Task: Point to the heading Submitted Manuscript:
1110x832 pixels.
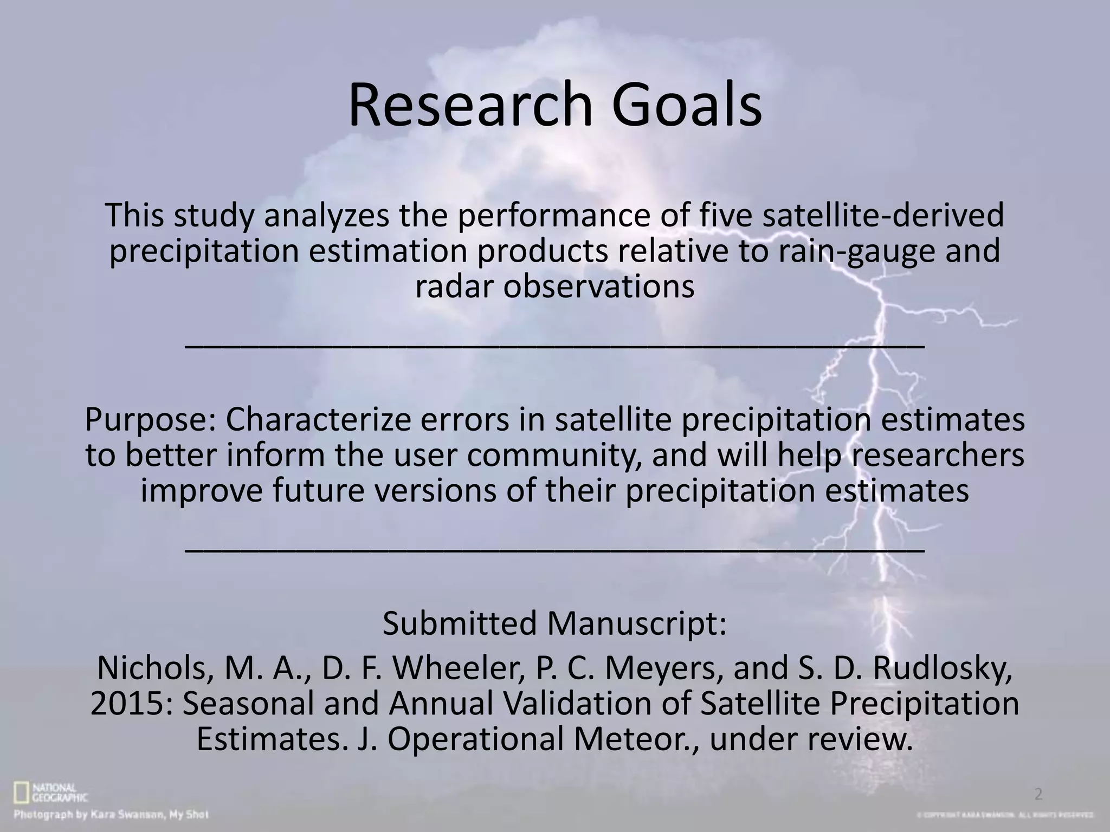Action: pos(554,623)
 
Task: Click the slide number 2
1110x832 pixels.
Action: pos(1038,795)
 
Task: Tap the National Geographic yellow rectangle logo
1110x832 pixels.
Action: pos(22,793)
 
